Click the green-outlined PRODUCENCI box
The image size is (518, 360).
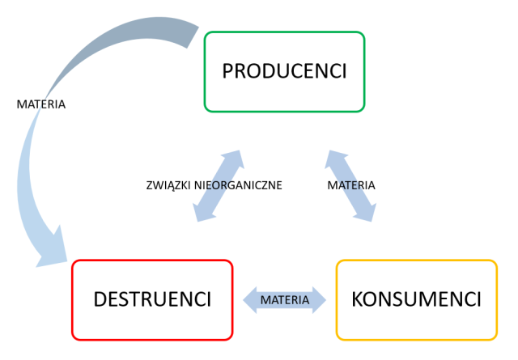[284, 71]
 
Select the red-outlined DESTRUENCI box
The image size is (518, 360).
[152, 299]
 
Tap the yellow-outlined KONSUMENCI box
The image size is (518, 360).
[416, 299]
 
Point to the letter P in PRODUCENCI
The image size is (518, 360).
[228, 71]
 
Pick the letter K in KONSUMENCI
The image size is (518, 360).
[358, 299]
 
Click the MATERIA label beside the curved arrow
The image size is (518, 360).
[41, 104]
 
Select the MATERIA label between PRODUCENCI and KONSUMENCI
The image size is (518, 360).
[351, 185]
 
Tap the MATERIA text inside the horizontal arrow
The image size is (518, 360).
[284, 299]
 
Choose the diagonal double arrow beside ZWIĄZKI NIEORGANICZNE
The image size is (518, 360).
[218, 185]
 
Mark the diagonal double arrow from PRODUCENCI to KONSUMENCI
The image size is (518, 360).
[350, 185]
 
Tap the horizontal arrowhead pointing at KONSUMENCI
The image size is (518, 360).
[320, 299]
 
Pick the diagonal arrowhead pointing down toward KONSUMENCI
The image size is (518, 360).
[368, 212]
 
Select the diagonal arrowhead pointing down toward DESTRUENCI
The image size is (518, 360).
[201, 212]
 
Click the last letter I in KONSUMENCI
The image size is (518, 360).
[479, 299]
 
